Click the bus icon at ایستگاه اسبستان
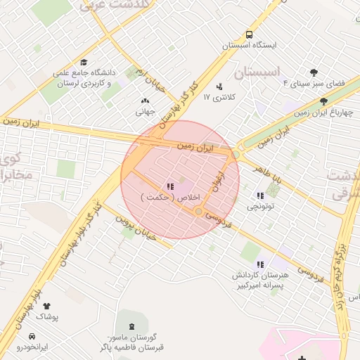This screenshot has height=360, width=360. [249, 34]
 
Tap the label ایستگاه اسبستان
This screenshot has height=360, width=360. [249, 45]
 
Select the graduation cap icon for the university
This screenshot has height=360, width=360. [84, 63]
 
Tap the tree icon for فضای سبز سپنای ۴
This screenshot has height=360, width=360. [314, 72]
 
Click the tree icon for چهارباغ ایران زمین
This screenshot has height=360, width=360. [323, 101]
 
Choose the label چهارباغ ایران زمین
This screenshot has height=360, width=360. [323, 112]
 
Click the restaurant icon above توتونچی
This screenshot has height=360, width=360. [260, 196]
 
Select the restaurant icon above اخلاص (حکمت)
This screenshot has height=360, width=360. [170, 187]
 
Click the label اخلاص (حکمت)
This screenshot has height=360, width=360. [171, 198]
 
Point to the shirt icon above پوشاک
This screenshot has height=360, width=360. [47, 307]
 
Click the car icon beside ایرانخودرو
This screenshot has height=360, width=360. [32, 336]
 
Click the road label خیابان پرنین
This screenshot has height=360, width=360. [134, 224]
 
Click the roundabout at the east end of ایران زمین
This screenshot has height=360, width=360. [236, 154]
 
